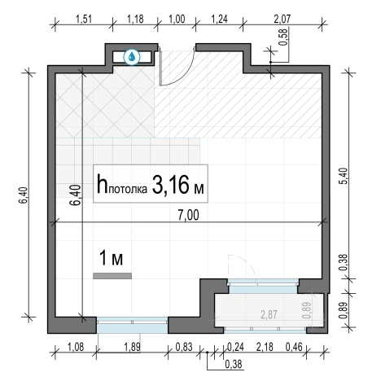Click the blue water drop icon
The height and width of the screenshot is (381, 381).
[132, 57]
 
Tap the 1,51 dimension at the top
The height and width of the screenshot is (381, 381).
[84, 20]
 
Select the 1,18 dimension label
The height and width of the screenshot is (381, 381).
[135, 20]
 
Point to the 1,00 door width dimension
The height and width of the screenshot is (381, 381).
[177, 20]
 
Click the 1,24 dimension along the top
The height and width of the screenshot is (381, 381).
[219, 20]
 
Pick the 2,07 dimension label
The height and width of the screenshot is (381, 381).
[282, 20]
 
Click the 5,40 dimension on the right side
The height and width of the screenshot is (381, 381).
[343, 176]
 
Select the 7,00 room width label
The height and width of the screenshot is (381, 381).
[189, 215]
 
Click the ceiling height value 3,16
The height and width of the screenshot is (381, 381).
[170, 186]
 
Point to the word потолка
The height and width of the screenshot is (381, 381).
[128, 189]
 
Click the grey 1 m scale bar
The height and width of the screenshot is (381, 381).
[112, 276]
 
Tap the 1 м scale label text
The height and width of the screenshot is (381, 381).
[112, 258]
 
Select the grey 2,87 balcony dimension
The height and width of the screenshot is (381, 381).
[269, 315]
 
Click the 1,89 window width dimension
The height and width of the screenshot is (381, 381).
[132, 347]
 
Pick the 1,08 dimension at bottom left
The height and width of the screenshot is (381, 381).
[76, 347]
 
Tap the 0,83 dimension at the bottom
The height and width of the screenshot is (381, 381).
[184, 347]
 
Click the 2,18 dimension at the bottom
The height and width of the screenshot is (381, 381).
[265, 347]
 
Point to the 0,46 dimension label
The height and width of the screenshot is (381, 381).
[294, 347]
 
